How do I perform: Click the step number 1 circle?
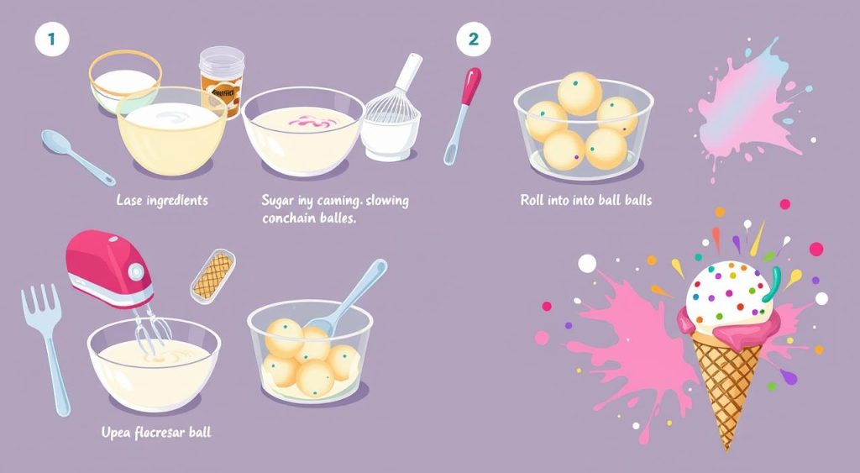[51, 39]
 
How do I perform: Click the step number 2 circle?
[473, 39]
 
